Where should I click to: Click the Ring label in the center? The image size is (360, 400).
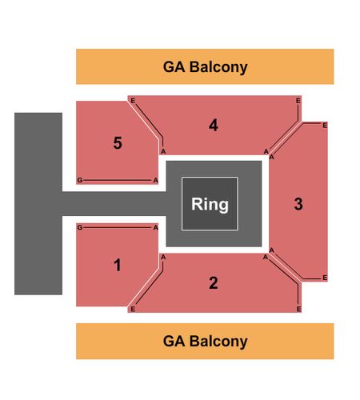click(210, 204)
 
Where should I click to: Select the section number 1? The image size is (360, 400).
click(118, 265)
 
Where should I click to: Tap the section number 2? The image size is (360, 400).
click(214, 283)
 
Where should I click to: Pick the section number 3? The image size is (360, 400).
click(298, 204)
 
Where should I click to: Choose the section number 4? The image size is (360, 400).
click(214, 125)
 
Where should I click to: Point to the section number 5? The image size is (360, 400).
click(118, 143)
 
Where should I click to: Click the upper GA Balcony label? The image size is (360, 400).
click(205, 67)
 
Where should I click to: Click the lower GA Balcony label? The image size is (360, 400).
click(205, 342)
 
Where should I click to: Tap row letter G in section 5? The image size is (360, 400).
click(79, 181)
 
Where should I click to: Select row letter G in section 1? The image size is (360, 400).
click(79, 227)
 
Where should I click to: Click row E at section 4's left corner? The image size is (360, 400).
click(133, 101)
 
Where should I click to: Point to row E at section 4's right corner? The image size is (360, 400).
click(298, 101)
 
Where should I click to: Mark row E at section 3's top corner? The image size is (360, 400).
click(325, 125)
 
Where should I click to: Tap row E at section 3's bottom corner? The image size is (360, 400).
click(325, 278)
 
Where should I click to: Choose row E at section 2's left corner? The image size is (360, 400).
click(133, 309)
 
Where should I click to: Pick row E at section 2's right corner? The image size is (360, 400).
click(298, 309)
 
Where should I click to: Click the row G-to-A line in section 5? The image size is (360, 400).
click(118, 181)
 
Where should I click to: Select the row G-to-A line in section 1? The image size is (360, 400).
click(118, 227)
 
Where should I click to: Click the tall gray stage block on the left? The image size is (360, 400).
click(38, 204)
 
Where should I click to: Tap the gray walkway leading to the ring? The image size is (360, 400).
click(114, 204)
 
